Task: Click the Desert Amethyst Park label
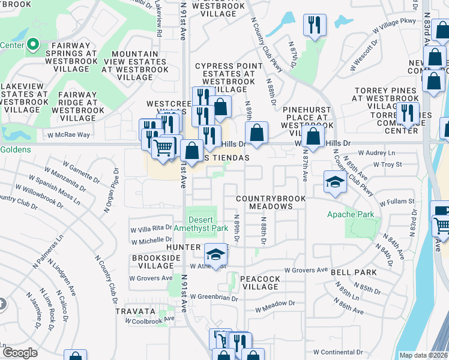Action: coord(200,224)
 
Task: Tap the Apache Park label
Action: coord(359,214)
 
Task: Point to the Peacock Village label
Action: coord(261,283)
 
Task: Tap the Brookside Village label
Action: coord(152,262)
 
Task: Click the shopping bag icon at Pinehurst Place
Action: coord(313,136)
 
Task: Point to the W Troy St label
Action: coord(387,164)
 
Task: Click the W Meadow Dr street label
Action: coord(275,307)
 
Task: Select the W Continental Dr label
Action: coord(340,352)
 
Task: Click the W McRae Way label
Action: coord(70,135)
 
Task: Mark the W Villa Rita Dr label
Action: coord(152,229)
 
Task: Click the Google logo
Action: coord(19,352)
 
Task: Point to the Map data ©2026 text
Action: coord(423,355)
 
